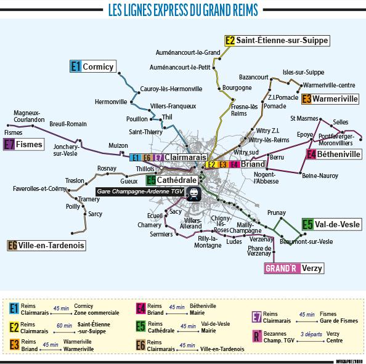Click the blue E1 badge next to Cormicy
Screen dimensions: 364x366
pos(75,65)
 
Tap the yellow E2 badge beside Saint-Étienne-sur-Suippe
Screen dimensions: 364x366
pos(230,40)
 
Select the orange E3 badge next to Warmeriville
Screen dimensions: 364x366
pos(306,98)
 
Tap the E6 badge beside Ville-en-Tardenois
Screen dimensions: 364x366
pos(12,245)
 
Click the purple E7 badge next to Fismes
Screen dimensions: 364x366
pos(9,145)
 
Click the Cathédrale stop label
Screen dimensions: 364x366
pos(177,180)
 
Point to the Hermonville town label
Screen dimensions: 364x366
pos(111,102)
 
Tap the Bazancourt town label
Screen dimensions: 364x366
pos(254,77)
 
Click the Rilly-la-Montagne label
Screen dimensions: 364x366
pos(208,241)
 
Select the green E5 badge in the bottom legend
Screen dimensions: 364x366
pos(142,326)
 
